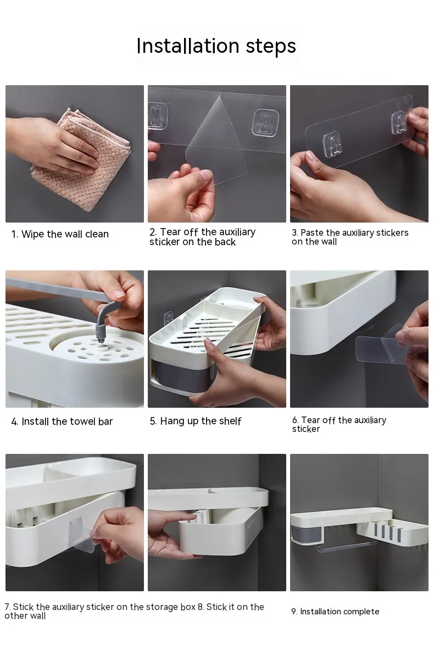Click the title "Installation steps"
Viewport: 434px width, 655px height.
point(216,46)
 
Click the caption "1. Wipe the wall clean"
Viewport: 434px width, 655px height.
point(60,234)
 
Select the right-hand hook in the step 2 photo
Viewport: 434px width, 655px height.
point(265,123)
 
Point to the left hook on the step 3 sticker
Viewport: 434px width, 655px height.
point(332,144)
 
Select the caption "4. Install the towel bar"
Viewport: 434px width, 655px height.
point(62,421)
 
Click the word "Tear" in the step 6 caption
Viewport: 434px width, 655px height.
point(310,420)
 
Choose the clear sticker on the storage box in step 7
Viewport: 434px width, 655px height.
point(81,535)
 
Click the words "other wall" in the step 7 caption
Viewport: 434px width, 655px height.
point(25,616)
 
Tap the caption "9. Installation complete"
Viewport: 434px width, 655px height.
point(335,612)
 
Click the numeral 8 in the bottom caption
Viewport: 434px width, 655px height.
point(200,607)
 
